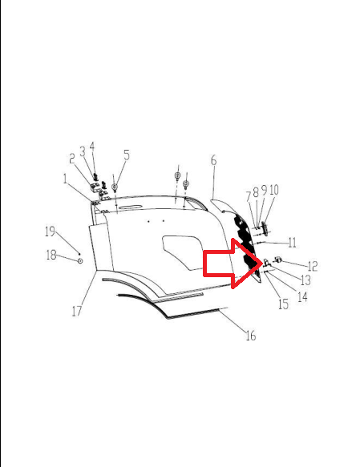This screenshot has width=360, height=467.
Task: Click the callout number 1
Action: pos(65,179)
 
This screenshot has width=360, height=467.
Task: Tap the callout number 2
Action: pos(72,159)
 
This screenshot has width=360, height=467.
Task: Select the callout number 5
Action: pos(127,155)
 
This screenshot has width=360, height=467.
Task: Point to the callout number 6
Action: pos(214,160)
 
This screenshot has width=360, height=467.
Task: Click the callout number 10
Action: pos(274,190)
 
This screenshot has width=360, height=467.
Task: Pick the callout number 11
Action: pos(293,243)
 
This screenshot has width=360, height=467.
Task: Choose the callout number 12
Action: pos(313,266)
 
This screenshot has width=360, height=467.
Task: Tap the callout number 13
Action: pos(306,280)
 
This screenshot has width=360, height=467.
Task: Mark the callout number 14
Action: pos(302,297)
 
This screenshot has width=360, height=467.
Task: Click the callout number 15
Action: pos(283,304)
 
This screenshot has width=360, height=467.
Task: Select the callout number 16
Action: pos(251,336)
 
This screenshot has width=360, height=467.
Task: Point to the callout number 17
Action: pos(77,312)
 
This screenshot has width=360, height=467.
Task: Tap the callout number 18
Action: pos(51,255)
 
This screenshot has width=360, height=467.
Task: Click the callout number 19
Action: pos(50,231)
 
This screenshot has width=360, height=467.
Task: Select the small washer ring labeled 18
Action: pos(80,261)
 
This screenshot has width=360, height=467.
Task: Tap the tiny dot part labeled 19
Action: pos(79,254)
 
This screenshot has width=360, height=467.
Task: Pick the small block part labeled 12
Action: pos(279,259)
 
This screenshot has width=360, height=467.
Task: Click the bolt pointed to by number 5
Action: pos(115,187)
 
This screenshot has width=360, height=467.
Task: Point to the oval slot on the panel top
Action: pos(130,207)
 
